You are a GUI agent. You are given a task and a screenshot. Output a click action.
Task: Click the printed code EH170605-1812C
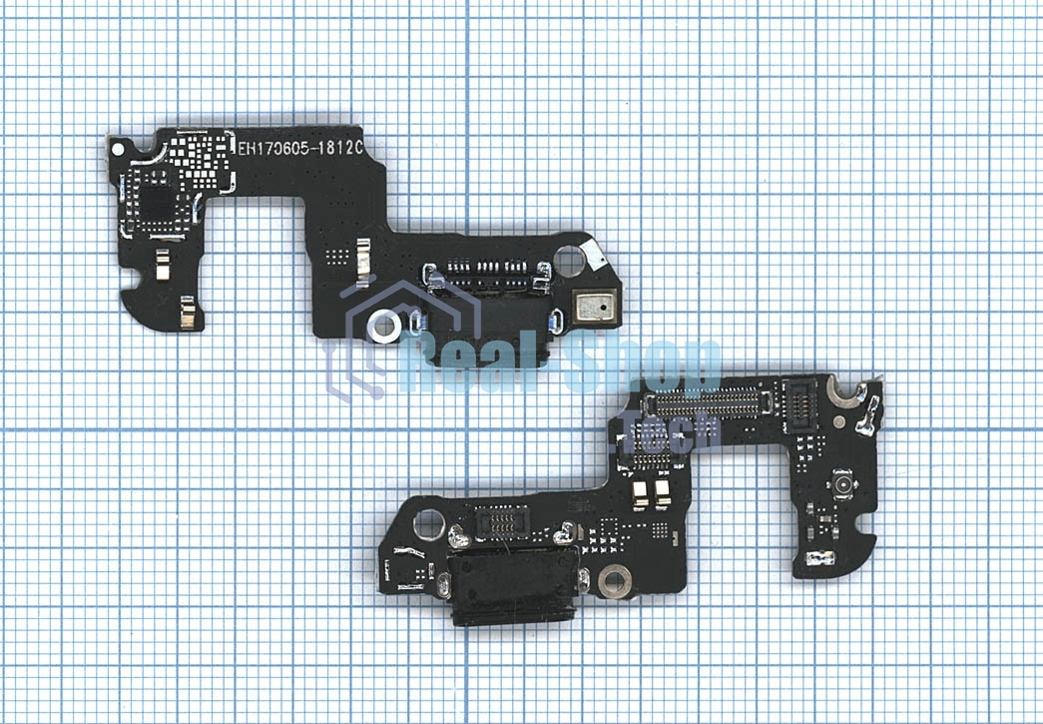coord(300,149)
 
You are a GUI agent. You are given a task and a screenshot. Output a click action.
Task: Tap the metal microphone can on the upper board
coord(595,308)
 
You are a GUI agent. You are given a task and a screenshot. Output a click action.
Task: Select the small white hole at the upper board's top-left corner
coord(117,150)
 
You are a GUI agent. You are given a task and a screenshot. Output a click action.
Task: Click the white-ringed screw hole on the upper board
coord(384,327)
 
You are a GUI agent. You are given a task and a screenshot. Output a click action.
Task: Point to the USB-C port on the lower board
coord(512,587)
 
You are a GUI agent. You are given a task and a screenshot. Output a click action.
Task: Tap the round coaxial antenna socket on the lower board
coord(842,483)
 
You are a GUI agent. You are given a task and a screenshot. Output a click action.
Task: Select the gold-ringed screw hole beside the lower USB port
coord(615,581)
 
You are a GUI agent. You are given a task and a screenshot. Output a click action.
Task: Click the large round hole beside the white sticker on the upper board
coord(569,262)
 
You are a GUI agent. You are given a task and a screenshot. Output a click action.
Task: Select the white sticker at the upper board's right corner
coord(593,254)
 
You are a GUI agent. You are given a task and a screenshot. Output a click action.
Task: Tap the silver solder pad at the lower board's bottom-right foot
coord(819,557)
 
